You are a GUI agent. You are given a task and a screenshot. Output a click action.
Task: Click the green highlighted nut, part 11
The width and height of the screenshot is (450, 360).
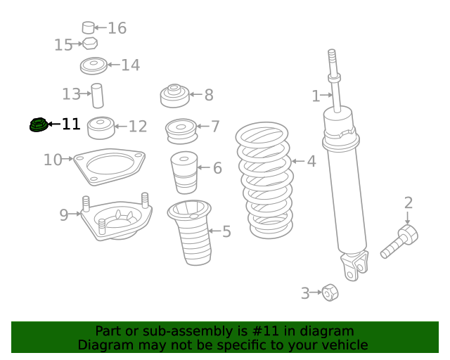[39, 125]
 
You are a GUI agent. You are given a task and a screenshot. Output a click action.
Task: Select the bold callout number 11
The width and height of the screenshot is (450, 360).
[71, 124]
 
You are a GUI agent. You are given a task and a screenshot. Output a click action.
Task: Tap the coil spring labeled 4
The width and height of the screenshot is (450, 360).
[264, 180]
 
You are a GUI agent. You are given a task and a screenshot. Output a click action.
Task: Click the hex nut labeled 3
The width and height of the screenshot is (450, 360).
[330, 292]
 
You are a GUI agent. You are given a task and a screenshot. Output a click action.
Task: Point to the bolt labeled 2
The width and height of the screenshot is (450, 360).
[399, 241]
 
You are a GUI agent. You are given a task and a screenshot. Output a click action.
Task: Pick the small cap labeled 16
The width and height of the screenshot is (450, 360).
[89, 27]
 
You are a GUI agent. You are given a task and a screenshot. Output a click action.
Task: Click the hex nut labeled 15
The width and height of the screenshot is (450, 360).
[90, 44]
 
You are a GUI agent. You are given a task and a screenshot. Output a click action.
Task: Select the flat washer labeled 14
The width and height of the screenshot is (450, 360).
[94, 65]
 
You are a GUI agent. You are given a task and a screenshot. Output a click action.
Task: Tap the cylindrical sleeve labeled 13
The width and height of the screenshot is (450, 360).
[98, 96]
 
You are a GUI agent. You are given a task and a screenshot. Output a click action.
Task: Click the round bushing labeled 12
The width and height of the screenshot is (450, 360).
[101, 128]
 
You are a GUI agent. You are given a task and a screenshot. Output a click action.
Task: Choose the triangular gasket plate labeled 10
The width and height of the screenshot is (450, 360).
[109, 167]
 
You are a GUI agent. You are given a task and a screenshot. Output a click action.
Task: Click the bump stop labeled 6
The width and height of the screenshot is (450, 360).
[184, 172]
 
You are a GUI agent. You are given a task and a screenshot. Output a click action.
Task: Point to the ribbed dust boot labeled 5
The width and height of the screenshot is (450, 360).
[191, 232]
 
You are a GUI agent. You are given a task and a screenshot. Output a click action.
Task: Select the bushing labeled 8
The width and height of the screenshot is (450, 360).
[175, 96]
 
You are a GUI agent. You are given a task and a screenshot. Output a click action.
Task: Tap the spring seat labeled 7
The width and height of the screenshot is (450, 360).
[181, 131]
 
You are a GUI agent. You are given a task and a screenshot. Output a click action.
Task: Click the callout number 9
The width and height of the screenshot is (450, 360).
[64, 214]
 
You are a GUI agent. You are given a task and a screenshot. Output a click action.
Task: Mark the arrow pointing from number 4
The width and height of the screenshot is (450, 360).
[298, 161]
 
